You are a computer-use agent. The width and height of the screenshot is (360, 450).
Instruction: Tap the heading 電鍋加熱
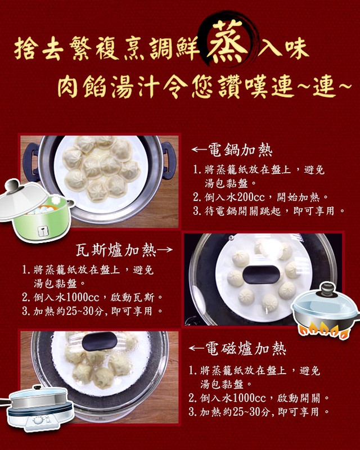(240, 150)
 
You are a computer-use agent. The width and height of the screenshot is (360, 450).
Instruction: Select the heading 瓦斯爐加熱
(116, 250)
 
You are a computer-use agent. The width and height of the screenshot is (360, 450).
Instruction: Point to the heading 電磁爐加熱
(245, 349)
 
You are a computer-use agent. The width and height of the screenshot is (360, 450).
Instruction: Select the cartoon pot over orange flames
(326, 311)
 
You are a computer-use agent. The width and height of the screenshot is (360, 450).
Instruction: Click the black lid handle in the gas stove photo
(261, 274)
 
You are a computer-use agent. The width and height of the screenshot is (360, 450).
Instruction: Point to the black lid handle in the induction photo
(100, 341)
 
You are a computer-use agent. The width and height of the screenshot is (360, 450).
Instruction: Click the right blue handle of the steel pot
(169, 161)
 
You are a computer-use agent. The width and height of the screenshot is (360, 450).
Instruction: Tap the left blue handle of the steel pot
(31, 162)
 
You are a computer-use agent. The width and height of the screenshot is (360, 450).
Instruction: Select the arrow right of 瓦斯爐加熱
(165, 249)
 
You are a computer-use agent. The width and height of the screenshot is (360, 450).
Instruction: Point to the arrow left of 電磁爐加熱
(197, 348)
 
